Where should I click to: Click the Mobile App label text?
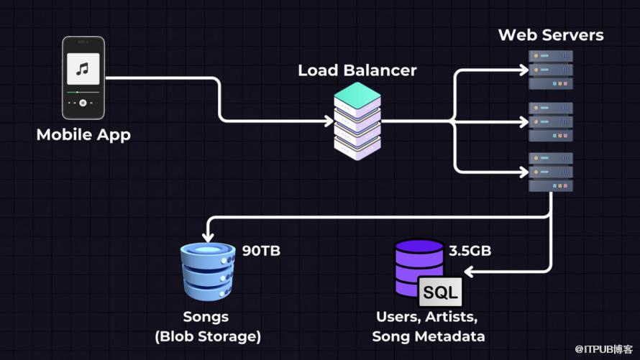[83, 134]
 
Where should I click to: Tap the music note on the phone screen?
[83, 69]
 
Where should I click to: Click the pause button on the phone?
[83, 103]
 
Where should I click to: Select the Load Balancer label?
[357, 70]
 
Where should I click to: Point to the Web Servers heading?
[551, 34]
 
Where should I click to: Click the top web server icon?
[551, 70]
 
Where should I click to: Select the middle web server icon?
[551, 121]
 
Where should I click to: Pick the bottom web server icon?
[551, 172]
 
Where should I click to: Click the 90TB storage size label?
[261, 251]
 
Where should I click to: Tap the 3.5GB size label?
[470, 251]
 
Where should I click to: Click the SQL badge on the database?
[440, 292]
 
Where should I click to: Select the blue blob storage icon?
[208, 269]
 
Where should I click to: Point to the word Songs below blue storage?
[206, 316]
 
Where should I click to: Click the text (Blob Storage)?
[207, 336]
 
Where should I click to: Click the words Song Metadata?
[429, 336]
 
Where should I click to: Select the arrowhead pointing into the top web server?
[524, 70]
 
